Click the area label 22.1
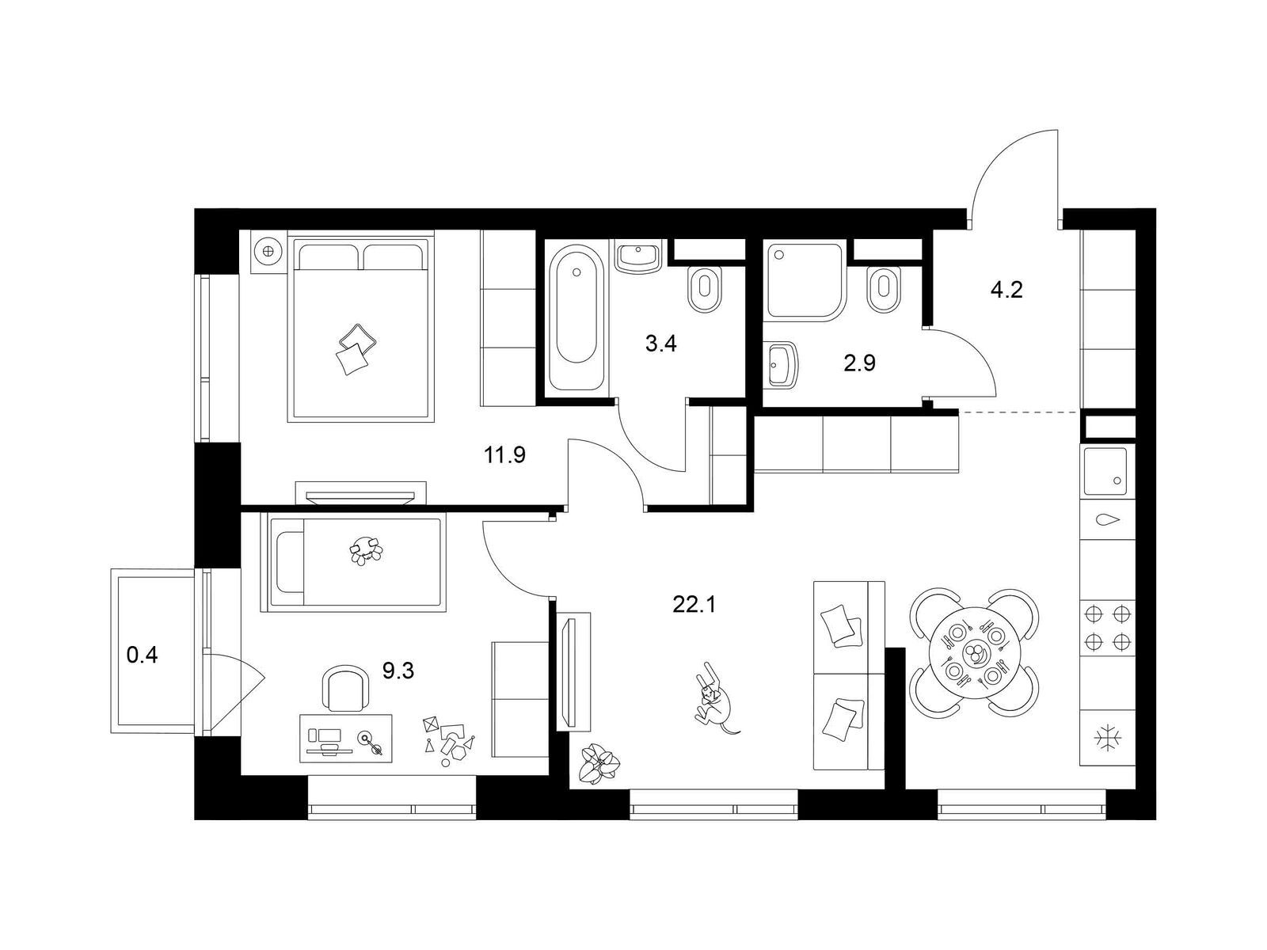coord(694,605)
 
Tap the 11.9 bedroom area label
coord(504,456)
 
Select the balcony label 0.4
coord(142,655)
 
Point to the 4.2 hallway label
coord(1006,290)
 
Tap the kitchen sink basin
coord(1105,471)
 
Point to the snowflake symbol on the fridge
coord(1108,739)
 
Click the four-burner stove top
coord(1107,627)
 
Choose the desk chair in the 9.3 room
coord(345,688)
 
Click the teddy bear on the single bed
coord(366,550)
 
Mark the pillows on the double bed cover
coord(354,349)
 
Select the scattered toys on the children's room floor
coord(448,740)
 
